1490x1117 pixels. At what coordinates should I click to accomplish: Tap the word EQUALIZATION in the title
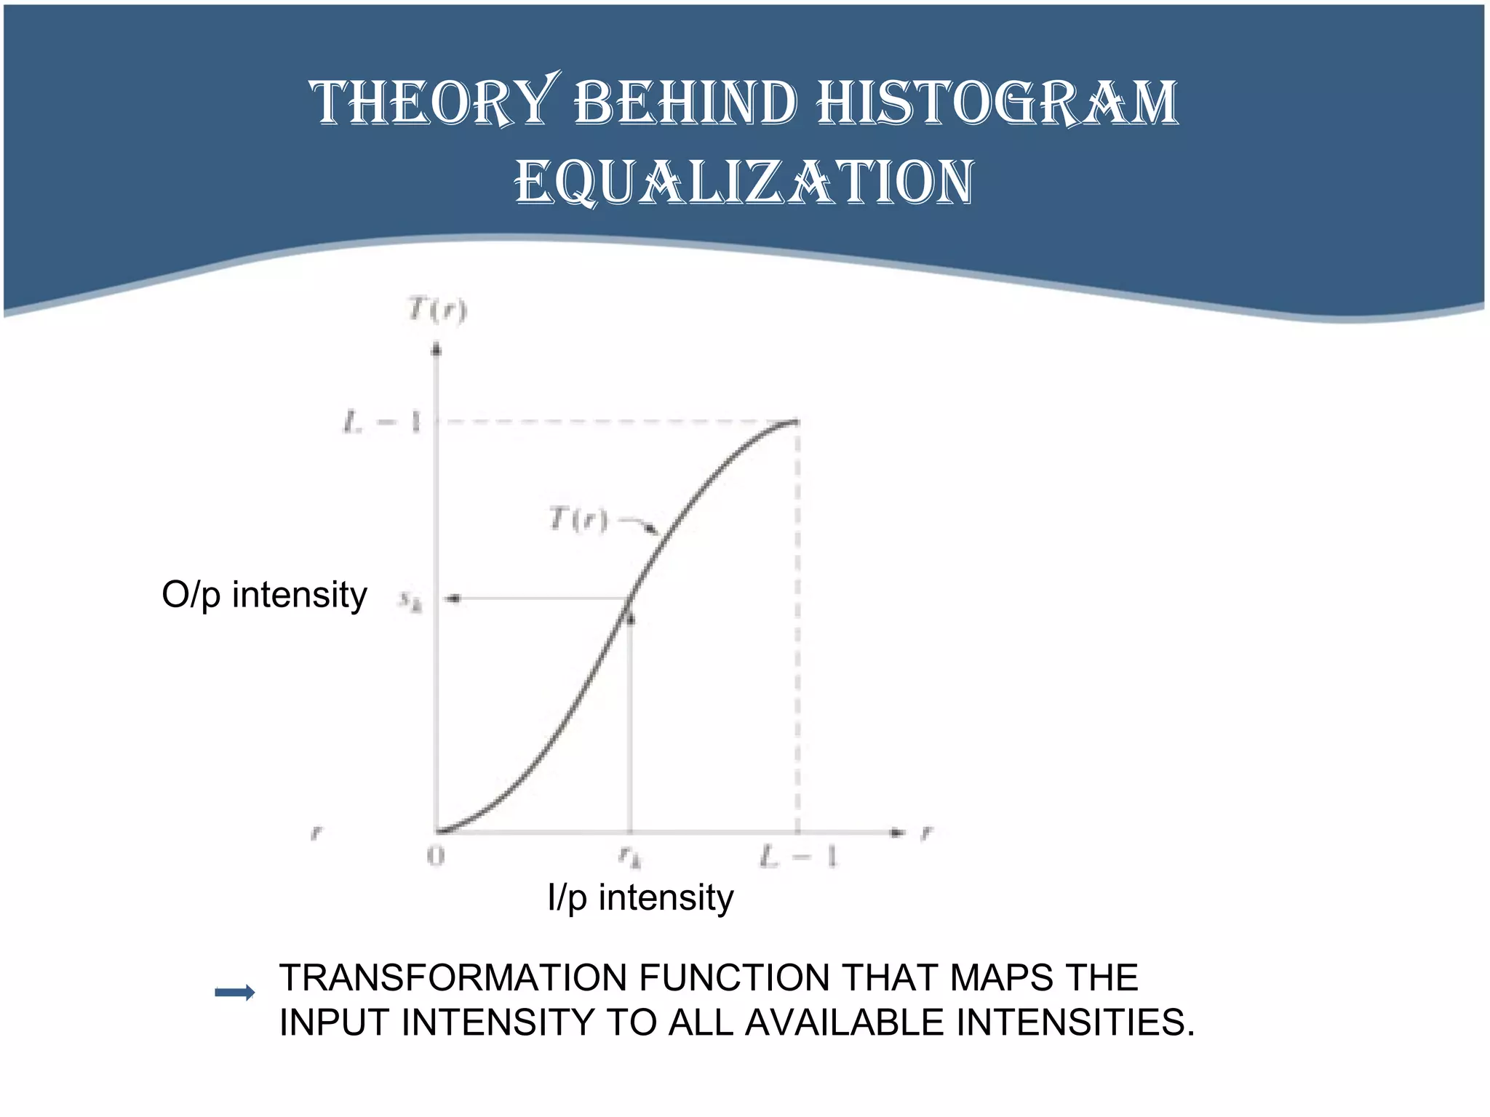click(x=744, y=183)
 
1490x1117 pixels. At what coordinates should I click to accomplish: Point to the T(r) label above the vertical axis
click(x=437, y=310)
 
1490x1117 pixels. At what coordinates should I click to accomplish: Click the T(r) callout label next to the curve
click(x=578, y=519)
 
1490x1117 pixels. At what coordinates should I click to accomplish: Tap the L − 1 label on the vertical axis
click(x=383, y=422)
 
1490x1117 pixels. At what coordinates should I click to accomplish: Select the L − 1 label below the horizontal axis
click(x=798, y=857)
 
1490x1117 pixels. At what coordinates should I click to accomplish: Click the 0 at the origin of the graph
click(x=435, y=857)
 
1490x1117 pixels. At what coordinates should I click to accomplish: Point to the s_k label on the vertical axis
click(x=410, y=601)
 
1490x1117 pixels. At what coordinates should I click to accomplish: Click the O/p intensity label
click(x=264, y=595)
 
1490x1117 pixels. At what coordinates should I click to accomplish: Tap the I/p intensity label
click(x=640, y=897)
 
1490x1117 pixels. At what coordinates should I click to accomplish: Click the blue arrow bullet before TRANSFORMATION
click(x=235, y=993)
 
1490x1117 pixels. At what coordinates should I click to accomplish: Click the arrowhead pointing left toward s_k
click(x=453, y=598)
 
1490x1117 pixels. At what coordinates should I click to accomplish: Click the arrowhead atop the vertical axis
click(x=437, y=351)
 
